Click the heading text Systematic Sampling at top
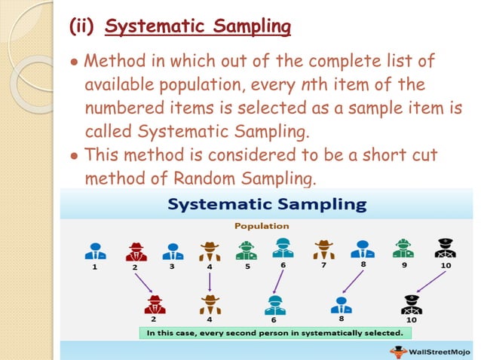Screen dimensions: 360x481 [198, 27]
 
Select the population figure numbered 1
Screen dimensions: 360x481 [95, 251]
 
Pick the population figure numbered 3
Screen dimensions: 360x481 [172, 251]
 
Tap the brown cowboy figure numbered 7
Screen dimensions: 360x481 [324, 249]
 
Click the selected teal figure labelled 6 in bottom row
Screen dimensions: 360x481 [274, 304]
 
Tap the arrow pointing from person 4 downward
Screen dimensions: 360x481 [210, 281]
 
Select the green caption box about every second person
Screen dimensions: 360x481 [274, 332]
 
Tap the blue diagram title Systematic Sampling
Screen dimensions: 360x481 [267, 204]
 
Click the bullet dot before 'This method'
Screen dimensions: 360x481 [74, 157]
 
